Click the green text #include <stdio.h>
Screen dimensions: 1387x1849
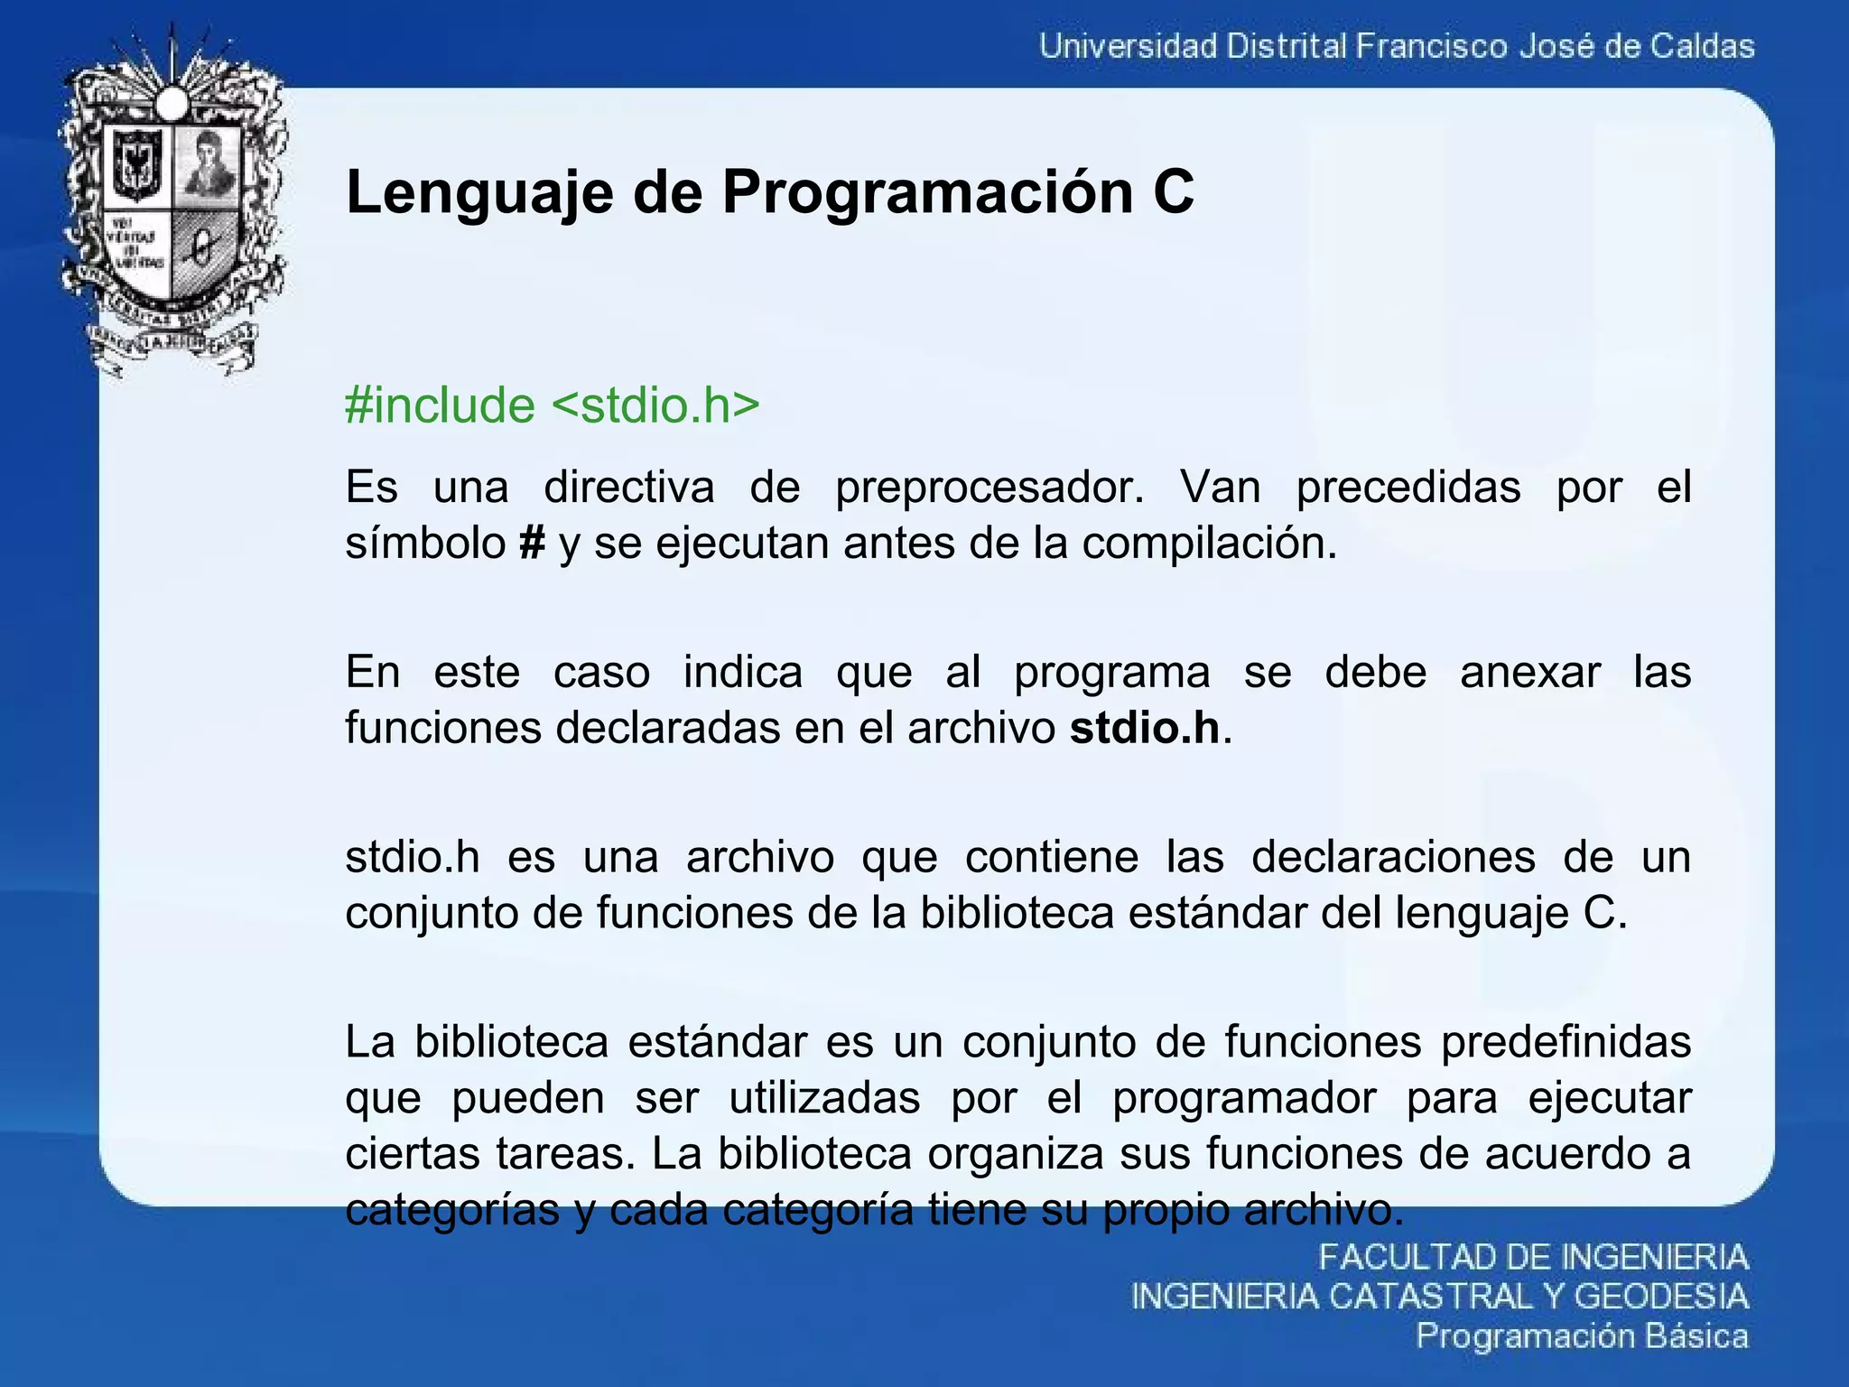552,405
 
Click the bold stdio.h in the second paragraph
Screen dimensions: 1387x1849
1145,728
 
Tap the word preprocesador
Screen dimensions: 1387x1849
990,488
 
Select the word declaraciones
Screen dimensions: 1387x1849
1393,857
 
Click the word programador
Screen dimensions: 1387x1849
1244,1098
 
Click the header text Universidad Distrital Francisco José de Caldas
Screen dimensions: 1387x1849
1397,46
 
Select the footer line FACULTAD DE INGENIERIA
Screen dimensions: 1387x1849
1533,1257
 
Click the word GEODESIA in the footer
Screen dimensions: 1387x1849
1661,1297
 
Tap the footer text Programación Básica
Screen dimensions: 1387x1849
1582,1336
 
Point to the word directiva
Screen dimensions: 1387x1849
628,488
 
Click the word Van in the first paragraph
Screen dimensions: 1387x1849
1220,488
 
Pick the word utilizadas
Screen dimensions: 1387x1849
824,1098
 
